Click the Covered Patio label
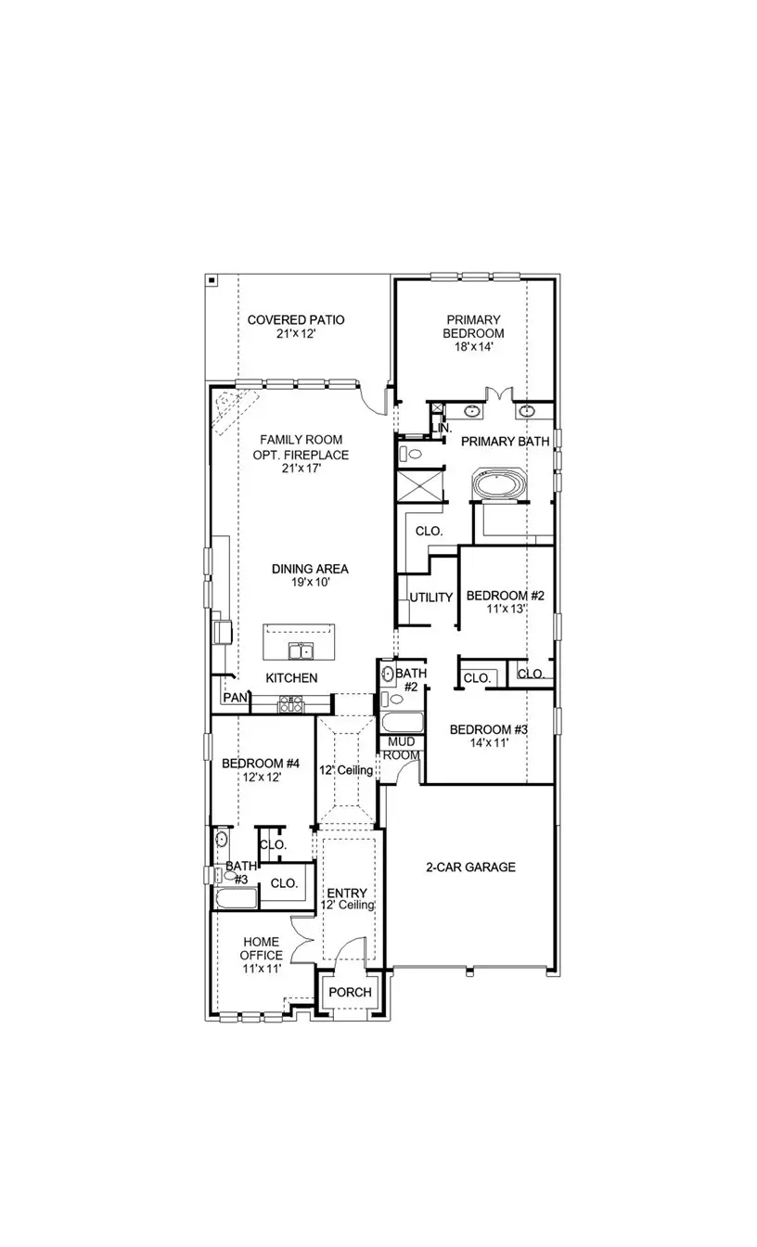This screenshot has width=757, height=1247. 296,320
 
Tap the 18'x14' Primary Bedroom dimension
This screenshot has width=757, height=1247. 473,346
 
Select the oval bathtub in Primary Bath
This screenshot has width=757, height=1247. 499,484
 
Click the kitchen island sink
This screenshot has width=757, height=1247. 299,649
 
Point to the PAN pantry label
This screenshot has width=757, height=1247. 235,697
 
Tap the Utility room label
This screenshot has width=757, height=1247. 431,598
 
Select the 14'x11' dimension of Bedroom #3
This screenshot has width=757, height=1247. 480,742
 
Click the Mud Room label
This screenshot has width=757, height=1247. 402,748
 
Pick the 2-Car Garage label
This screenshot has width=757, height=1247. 470,868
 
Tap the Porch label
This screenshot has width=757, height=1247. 350,992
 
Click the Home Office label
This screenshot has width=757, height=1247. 261,948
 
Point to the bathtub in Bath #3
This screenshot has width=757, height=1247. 236,898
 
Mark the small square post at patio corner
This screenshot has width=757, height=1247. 212,279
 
